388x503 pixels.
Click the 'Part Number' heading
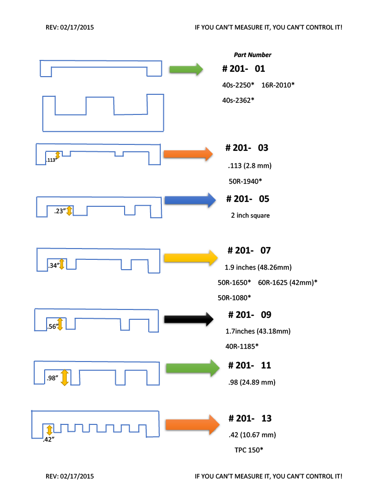pyautogui.click(x=252, y=55)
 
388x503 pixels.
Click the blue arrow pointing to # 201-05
pyautogui.click(x=190, y=200)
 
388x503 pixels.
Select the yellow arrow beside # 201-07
pyautogui.click(x=190, y=258)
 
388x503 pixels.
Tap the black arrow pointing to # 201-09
pyautogui.click(x=189, y=320)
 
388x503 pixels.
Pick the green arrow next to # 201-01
pyautogui.click(x=186, y=69)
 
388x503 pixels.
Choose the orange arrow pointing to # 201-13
pyautogui.click(x=192, y=425)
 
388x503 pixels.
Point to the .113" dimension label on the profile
pyautogui.click(x=51, y=160)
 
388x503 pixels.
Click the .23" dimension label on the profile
pyautogui.click(x=59, y=212)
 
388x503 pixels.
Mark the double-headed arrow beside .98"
pyautogui.click(x=64, y=377)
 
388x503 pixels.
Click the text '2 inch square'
pyautogui.click(x=250, y=216)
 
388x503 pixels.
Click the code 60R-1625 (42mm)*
pyautogui.click(x=287, y=282)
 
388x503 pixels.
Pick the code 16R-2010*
pyautogui.click(x=278, y=85)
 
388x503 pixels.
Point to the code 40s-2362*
pyautogui.click(x=238, y=100)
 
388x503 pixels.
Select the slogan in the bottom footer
pyautogui.click(x=268, y=476)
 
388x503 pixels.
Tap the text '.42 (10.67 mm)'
pyautogui.click(x=253, y=435)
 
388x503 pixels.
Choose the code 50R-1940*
pyautogui.click(x=245, y=181)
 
